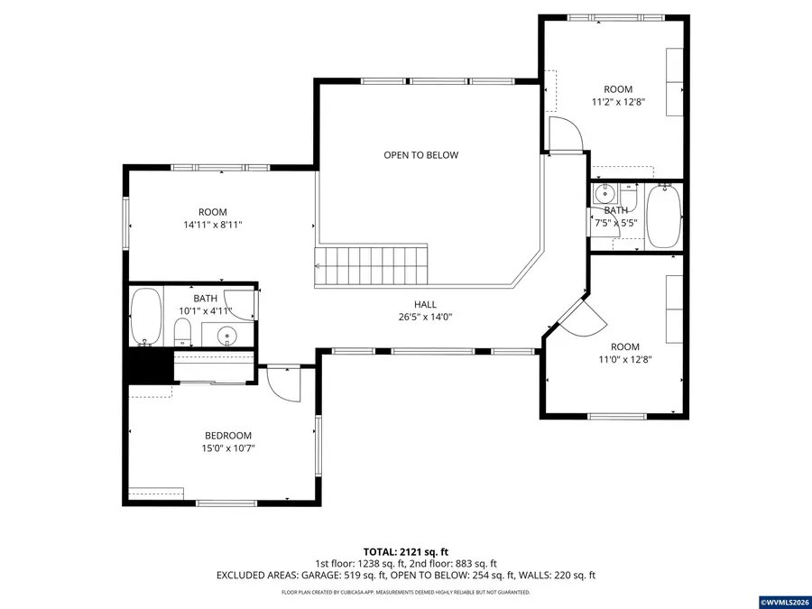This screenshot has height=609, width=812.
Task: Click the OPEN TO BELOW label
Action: coord(420,155)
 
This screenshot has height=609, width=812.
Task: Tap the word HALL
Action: coord(426,305)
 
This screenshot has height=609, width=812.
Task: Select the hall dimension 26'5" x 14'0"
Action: coord(426,317)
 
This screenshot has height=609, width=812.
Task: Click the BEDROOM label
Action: coord(227,436)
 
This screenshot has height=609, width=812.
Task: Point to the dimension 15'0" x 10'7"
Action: coord(227,448)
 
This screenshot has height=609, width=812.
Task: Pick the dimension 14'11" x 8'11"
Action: coord(213,225)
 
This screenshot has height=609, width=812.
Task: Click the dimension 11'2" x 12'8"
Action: coord(618,102)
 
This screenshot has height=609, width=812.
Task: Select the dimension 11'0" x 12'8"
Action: coord(624,359)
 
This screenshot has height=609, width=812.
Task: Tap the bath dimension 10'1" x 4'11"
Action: coord(205,311)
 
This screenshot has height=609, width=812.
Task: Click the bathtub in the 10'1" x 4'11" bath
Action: coord(144,316)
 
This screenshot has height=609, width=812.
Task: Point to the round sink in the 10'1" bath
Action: coord(227,336)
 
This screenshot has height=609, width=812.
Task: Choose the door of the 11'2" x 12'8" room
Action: coord(567,135)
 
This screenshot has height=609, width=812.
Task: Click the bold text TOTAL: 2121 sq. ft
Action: coord(405,551)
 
